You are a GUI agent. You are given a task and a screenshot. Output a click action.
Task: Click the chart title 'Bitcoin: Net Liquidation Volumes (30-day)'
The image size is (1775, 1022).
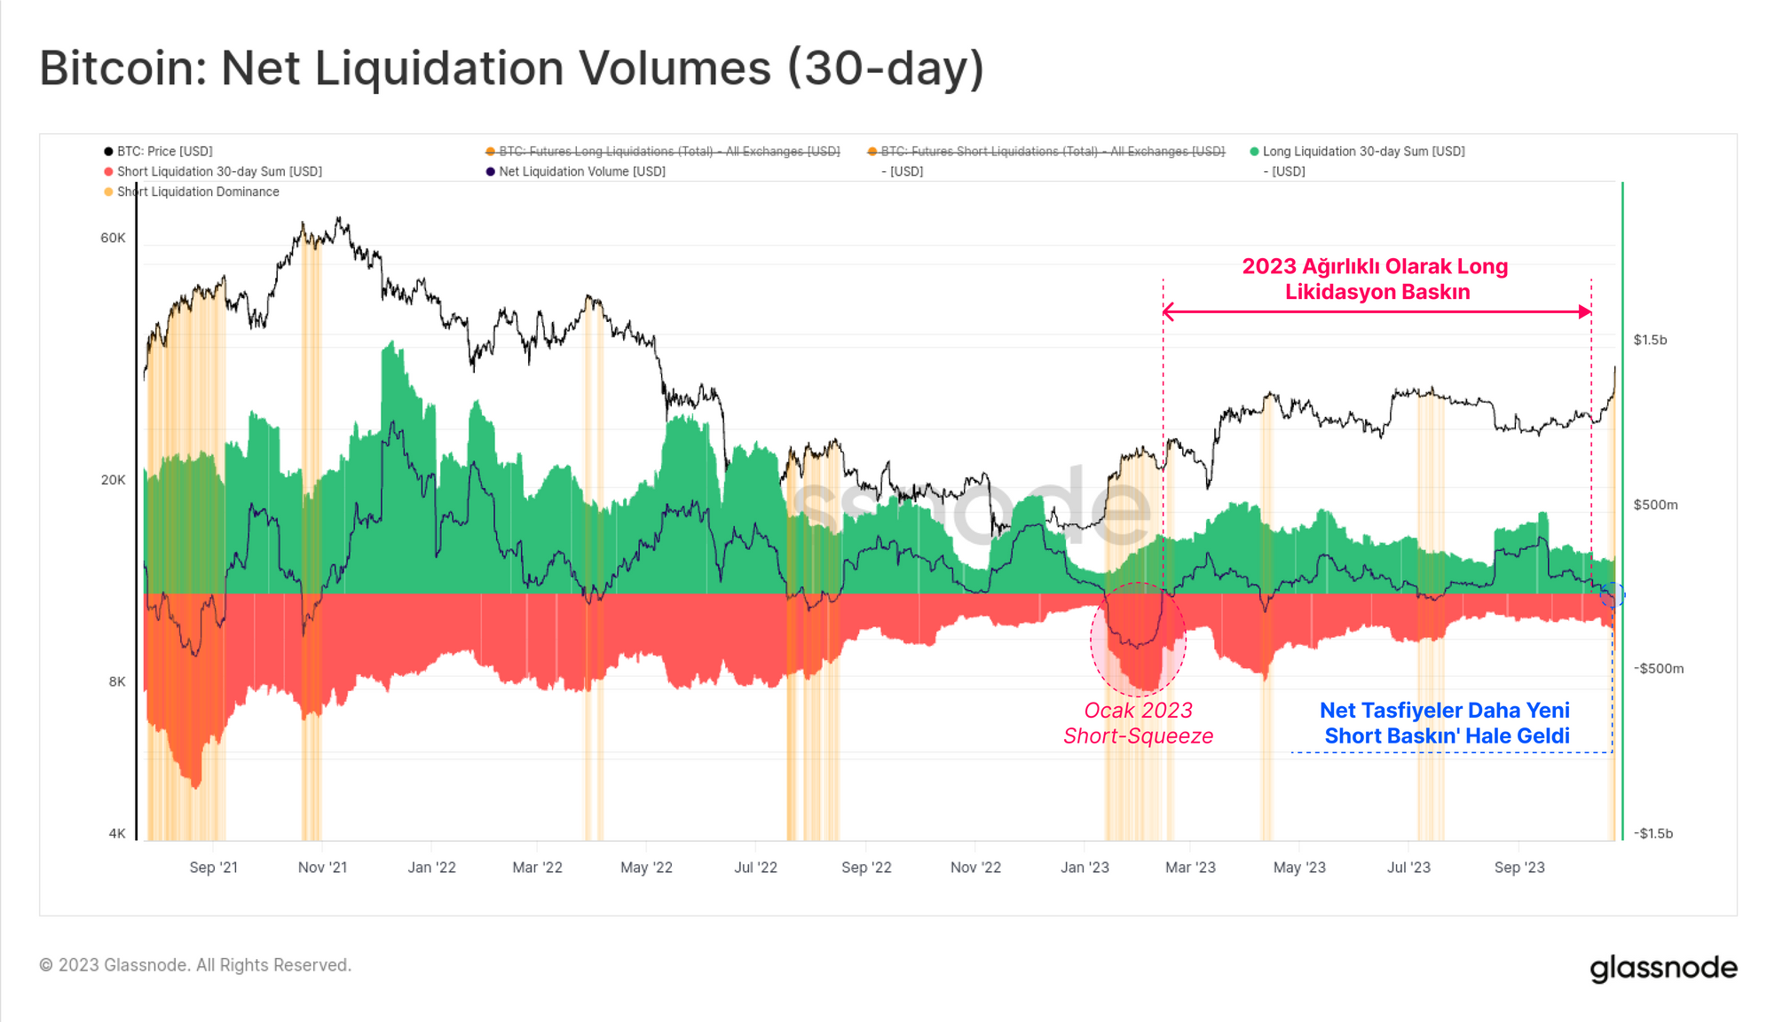(511, 68)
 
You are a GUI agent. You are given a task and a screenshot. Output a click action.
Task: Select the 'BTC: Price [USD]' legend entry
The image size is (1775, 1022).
(164, 152)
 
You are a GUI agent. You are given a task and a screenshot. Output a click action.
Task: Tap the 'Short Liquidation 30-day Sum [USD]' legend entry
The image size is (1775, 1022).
(218, 171)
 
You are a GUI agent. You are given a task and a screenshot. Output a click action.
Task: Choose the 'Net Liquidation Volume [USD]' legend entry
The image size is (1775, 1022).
(581, 171)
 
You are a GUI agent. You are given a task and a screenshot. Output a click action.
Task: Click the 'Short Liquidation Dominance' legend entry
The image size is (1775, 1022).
(197, 192)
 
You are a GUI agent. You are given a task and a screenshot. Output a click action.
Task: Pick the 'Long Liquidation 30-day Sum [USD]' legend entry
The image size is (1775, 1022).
(1363, 152)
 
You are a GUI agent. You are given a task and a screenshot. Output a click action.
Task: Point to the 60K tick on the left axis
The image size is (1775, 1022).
(113, 238)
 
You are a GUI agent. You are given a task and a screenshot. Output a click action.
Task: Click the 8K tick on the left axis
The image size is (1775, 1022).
(117, 681)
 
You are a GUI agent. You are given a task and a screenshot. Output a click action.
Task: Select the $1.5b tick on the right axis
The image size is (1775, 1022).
(1650, 340)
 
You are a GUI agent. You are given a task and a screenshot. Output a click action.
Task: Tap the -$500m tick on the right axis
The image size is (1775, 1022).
(1658, 668)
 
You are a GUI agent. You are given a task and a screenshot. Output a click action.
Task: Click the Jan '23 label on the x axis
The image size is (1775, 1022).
(1085, 867)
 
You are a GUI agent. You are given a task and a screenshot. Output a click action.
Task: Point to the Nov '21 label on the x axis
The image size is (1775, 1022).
(322, 867)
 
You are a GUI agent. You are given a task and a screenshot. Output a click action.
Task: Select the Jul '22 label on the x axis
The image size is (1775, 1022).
(755, 867)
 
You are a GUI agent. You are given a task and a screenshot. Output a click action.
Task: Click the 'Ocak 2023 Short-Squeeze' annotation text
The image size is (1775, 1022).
(1138, 723)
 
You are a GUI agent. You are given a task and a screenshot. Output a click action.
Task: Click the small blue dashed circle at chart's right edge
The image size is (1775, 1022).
(1612, 594)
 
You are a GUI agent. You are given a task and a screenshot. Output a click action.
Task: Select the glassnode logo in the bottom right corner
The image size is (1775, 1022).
(1663, 967)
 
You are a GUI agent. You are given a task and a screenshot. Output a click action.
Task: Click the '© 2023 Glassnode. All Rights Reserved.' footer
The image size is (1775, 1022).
(195, 965)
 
